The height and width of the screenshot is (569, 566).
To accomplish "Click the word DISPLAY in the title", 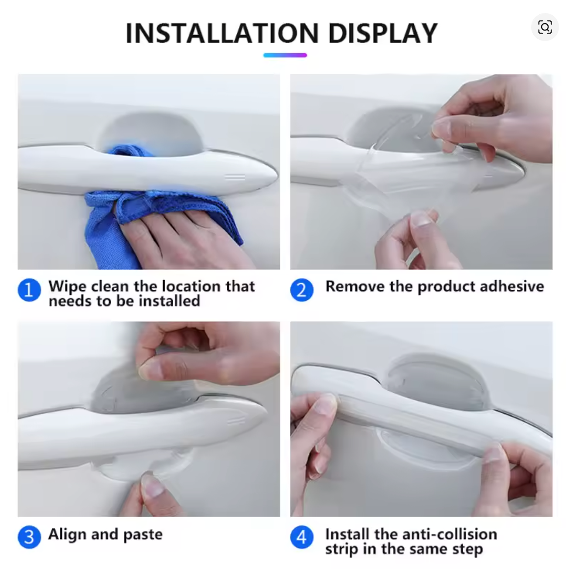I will (382, 33).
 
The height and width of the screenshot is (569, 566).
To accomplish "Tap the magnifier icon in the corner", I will (545, 27).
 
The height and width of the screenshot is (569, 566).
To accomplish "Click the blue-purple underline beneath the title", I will (285, 55).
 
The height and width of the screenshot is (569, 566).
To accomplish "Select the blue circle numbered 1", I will (29, 290).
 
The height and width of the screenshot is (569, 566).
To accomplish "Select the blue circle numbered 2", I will (302, 290).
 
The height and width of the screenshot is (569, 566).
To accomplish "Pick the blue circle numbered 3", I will (29, 536).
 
